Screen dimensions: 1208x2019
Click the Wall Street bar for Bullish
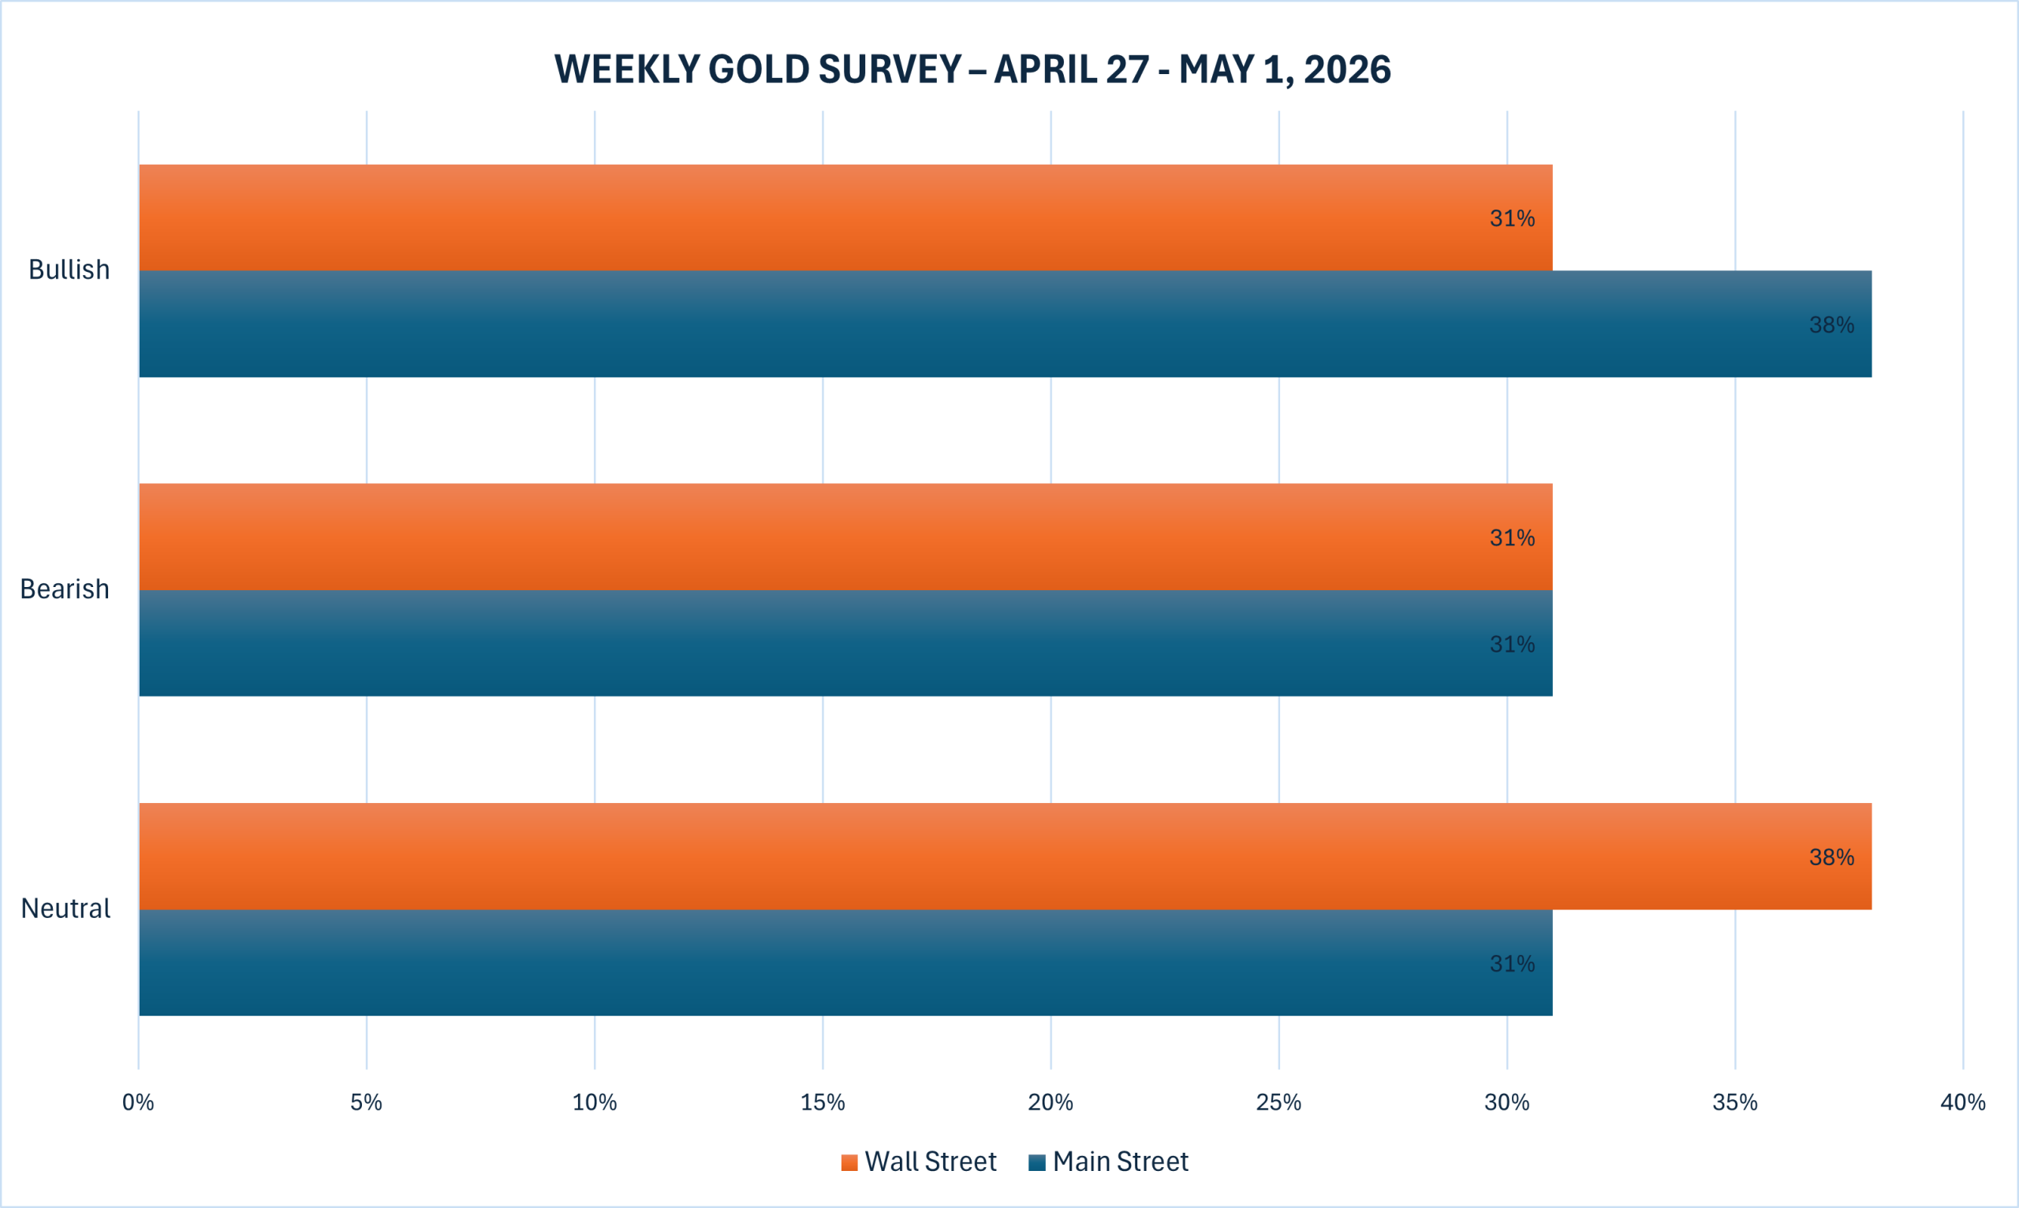pos(845,217)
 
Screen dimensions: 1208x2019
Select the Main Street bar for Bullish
pos(1004,324)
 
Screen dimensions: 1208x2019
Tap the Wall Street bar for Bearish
pos(845,537)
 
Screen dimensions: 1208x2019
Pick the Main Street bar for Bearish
pos(845,643)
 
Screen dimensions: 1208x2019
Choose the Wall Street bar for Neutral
pos(1004,857)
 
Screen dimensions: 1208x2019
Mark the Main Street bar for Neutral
pos(845,963)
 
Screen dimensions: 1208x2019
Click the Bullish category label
pos(69,269)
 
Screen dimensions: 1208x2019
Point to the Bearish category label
pos(65,589)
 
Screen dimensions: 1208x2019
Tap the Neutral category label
pos(65,908)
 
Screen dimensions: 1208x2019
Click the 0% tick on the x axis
pos(139,1103)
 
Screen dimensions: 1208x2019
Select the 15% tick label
pos(823,1103)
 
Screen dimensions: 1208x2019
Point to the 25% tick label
pos(1278,1103)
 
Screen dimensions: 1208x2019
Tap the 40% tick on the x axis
pos(1963,1103)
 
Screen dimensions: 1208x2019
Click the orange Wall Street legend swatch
pos(849,1162)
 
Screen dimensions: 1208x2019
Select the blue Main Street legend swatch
pos(1037,1162)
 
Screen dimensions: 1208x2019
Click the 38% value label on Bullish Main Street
pos(1831,325)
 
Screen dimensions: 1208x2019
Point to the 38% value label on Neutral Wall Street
pos(1831,857)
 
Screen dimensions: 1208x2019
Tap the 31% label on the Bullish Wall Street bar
pos(1513,218)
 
